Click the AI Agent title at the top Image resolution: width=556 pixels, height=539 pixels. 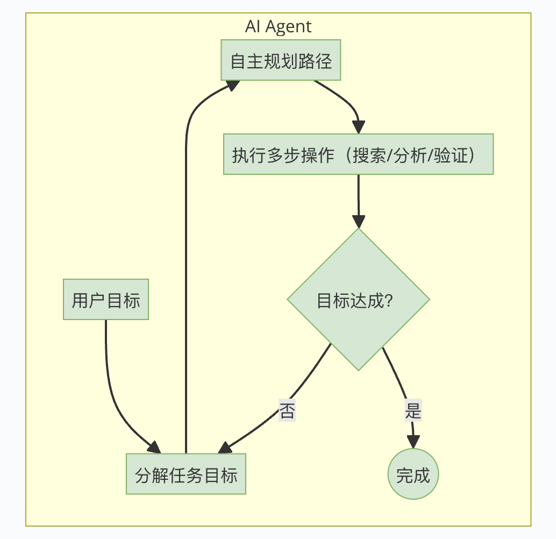click(278, 26)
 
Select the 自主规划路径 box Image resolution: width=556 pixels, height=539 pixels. click(281, 60)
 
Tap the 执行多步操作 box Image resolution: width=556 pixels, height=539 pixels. click(358, 154)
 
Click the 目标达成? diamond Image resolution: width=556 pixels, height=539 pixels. click(358, 300)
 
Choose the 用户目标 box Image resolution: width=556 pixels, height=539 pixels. click(105, 300)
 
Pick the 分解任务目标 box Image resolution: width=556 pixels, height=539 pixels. click(186, 474)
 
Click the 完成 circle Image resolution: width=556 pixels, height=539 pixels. click(413, 474)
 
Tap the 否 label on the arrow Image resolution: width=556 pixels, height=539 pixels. click(287, 412)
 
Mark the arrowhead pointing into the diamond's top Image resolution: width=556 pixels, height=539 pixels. click(358, 221)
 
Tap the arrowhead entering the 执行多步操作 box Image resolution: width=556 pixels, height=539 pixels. click(359, 126)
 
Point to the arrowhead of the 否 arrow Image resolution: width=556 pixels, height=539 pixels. click(225, 448)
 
